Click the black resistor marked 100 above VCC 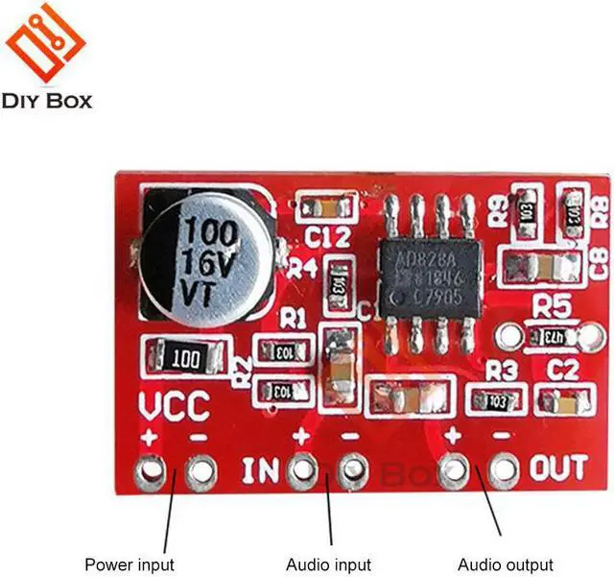coord(184,358)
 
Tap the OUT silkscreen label coord(558,469)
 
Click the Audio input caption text coord(328,565)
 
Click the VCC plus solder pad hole coord(148,471)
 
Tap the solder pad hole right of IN coord(302,471)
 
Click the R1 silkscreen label coord(294,318)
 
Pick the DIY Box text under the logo coord(47,100)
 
